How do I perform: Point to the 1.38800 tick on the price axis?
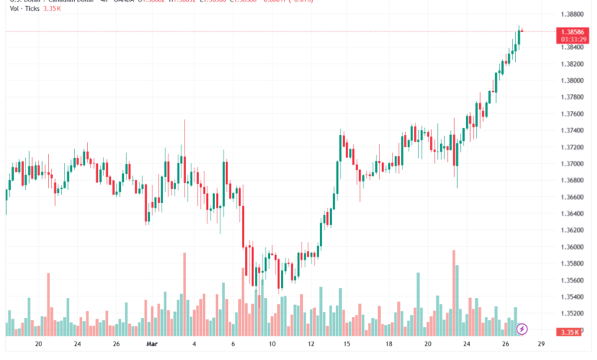573,15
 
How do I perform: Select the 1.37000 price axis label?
573,164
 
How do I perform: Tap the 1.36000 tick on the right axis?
573,247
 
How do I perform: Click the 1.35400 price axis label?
573,296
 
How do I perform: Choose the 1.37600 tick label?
573,114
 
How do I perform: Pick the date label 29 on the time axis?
541,345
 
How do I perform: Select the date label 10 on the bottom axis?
272,345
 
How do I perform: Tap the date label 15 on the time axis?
347,345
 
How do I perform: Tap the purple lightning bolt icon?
522,329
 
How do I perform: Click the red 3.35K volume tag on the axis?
569,332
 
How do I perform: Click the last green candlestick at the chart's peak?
519,37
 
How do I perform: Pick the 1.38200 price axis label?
573,64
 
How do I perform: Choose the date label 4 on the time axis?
194,345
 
